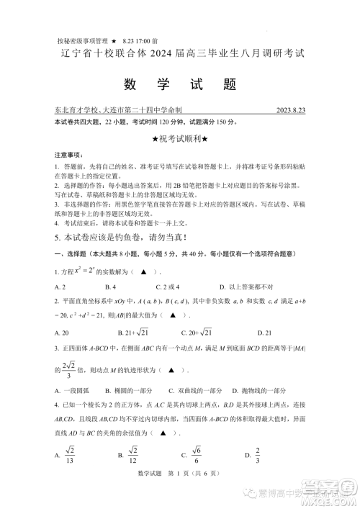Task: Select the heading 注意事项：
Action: pos(68,155)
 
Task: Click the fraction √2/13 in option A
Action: pos(72,455)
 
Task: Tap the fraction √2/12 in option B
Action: pos(133,455)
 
